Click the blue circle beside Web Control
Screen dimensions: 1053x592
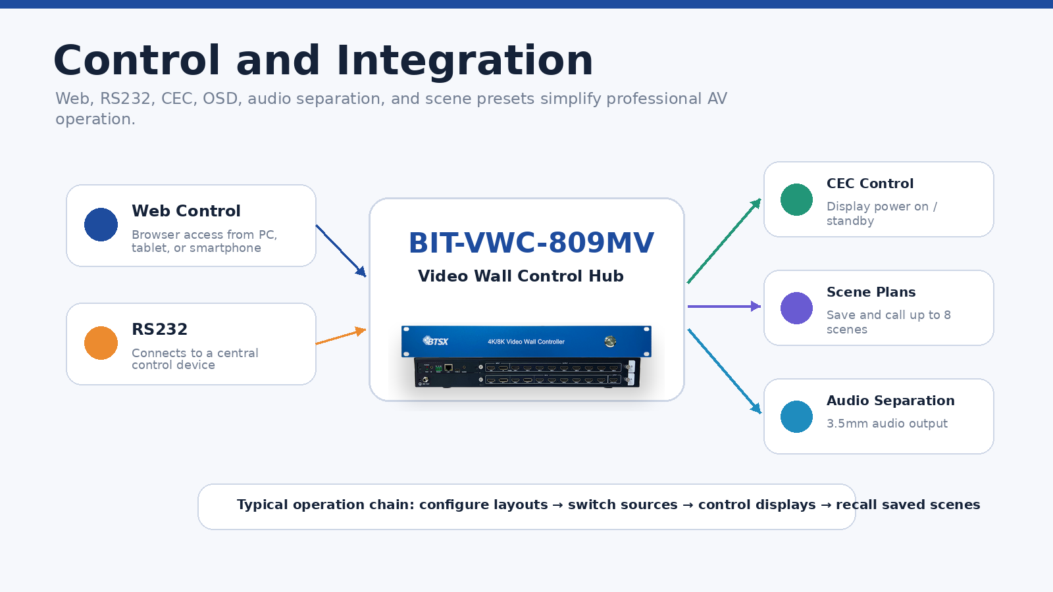click(x=101, y=224)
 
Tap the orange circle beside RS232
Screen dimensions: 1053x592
click(x=101, y=343)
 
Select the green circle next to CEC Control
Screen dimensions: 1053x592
click(x=796, y=200)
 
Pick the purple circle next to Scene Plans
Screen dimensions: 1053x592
click(x=796, y=308)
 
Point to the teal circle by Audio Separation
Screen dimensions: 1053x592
click(x=796, y=417)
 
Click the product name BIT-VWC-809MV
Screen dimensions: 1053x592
click(x=531, y=243)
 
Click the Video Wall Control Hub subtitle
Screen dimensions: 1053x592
click(x=521, y=276)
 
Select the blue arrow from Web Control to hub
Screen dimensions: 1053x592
click(x=341, y=251)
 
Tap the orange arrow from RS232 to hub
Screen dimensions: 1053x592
click(x=341, y=336)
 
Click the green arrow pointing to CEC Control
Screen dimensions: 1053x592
click(x=724, y=241)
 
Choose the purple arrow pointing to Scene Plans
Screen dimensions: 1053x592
click(x=724, y=307)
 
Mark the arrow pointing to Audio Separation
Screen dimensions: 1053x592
click(x=725, y=371)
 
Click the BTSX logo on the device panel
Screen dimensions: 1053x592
click(x=435, y=341)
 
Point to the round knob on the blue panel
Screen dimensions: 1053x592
click(x=610, y=341)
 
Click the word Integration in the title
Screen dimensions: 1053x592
click(x=465, y=61)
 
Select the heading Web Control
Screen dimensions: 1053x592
click(x=186, y=211)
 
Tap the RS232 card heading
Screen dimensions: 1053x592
click(x=159, y=330)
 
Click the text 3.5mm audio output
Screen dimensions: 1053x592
click(x=887, y=424)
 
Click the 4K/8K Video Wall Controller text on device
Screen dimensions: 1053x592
click(x=526, y=341)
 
